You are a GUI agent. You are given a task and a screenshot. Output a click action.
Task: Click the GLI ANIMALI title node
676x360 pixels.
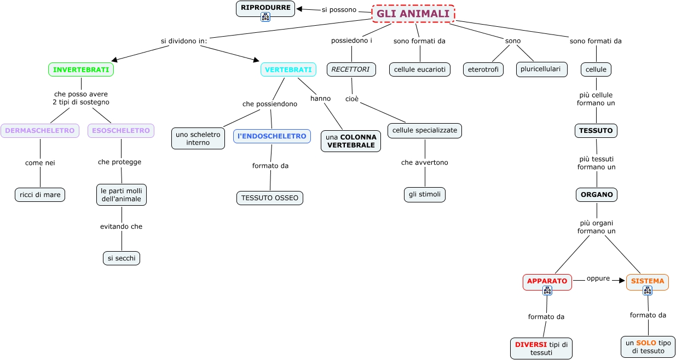tap(413, 14)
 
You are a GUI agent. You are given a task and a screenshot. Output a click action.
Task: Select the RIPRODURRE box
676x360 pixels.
tap(265, 9)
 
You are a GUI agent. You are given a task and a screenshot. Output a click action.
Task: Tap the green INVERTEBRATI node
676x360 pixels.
tap(81, 69)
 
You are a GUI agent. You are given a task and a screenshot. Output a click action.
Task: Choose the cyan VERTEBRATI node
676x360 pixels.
tap(288, 69)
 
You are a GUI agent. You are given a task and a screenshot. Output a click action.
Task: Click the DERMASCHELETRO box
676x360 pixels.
tap(40, 131)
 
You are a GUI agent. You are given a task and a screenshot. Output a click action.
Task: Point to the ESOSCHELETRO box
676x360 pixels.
tap(121, 131)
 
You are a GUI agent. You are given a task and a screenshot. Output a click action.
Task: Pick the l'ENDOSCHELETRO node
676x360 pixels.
tap(272, 136)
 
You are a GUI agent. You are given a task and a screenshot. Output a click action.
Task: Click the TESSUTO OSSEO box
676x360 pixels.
tap(270, 198)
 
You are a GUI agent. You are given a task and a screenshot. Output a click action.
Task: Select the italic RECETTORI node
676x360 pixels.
tap(351, 69)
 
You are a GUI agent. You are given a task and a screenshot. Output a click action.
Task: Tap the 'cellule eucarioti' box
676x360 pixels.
tap(420, 69)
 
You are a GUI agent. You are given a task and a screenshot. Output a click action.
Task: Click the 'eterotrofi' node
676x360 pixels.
tap(483, 69)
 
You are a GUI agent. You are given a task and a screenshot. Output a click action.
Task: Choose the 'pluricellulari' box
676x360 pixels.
tap(542, 69)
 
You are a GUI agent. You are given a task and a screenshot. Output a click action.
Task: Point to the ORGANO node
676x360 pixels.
tap(597, 195)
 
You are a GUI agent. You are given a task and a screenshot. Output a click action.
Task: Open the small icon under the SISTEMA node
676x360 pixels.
tap(648, 291)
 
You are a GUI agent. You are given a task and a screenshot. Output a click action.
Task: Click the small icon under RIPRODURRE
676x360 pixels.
tap(265, 17)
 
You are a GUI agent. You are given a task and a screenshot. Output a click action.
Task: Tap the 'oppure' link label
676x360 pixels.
tap(598, 278)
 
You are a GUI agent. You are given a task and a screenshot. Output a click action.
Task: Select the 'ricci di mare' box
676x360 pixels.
tap(40, 195)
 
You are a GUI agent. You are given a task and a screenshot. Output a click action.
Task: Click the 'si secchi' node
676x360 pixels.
tap(122, 258)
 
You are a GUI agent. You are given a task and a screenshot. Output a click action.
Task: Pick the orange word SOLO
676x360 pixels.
tap(646, 343)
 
